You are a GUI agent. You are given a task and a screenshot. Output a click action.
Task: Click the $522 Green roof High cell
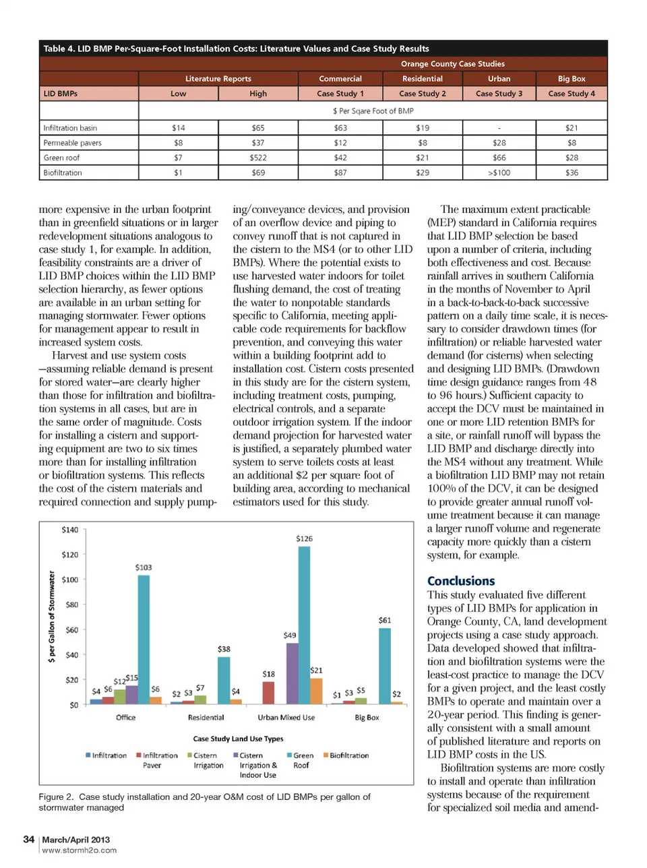point(258,158)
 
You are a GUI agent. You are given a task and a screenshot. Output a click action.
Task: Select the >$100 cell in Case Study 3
point(499,173)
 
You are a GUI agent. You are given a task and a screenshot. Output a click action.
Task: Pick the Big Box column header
point(572,79)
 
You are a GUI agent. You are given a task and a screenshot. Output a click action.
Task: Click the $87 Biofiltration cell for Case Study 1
point(340,173)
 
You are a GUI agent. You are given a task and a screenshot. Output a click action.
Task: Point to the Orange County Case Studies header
point(452,64)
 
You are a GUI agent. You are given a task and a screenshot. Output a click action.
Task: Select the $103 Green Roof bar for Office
point(144,640)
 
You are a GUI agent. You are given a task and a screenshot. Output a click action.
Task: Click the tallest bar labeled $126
point(305,625)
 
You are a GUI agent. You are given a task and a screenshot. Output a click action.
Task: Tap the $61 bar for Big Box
point(385,666)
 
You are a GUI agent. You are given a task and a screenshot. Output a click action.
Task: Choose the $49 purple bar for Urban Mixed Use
point(292,673)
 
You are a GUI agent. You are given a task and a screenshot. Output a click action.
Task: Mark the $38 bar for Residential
point(224,680)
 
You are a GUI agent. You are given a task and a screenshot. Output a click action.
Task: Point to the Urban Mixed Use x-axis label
point(286,718)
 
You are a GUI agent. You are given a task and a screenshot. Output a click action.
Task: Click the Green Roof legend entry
point(301,760)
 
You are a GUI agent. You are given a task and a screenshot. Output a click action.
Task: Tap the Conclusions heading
point(461,581)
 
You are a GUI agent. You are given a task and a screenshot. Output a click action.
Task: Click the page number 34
point(28,839)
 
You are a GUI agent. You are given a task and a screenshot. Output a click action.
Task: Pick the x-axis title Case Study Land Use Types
point(238,739)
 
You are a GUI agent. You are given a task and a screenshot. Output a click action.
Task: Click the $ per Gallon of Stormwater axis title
point(52,617)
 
